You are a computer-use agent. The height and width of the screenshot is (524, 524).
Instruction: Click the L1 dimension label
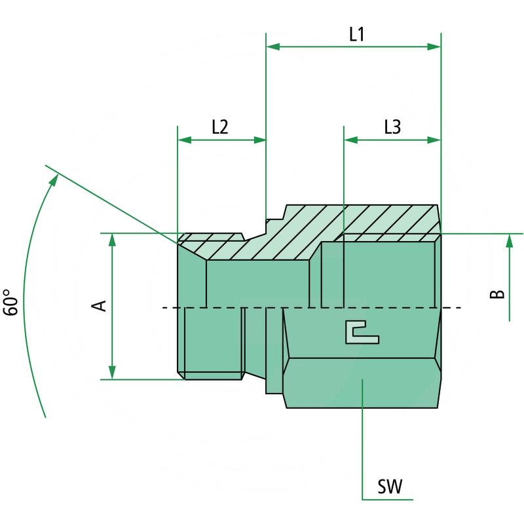pos(356,35)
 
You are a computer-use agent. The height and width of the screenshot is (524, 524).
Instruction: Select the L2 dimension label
pos(219,128)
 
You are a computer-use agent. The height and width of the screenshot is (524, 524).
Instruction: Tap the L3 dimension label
pos(392,128)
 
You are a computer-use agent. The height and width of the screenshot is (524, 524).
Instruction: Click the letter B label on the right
pos(498,293)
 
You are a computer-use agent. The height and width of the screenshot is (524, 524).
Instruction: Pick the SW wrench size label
pos(390,487)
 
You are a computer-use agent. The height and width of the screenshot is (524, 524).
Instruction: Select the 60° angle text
pos(11,303)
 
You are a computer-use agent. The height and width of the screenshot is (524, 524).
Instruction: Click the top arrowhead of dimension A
pos(113,240)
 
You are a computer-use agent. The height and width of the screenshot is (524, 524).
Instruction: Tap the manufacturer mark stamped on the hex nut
pos(361,332)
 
